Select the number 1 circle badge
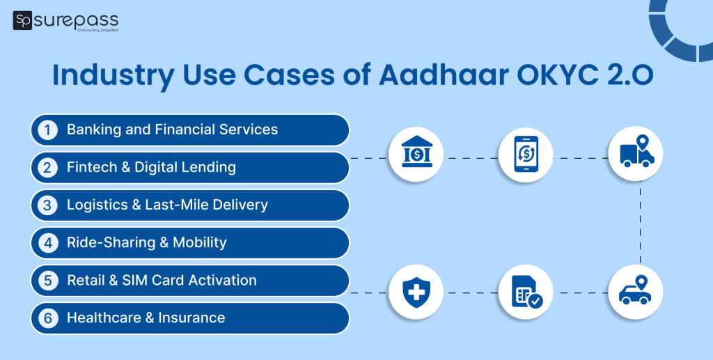tap(47, 130)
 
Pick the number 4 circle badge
tap(47, 243)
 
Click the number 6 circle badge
tap(47, 318)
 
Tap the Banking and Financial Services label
tap(172, 130)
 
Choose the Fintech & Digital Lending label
tap(151, 168)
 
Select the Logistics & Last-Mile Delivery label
tap(167, 205)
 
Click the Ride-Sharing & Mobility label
tap(146, 243)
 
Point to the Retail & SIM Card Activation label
tap(162, 281)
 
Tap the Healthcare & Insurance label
tap(146, 318)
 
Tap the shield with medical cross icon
tap(416, 292)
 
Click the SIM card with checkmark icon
tap(526, 292)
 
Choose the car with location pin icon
tap(636, 292)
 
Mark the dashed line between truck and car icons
tap(640, 223)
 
